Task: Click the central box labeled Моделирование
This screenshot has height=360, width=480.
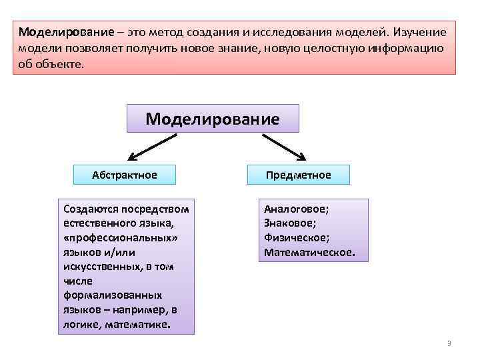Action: (213, 119)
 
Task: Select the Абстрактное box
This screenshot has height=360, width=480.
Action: (125, 175)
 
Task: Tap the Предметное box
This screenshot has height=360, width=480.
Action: (298, 175)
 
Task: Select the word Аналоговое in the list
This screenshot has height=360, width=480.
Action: (296, 209)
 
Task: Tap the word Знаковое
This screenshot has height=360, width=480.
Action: (290, 223)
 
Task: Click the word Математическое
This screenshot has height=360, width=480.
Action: (309, 253)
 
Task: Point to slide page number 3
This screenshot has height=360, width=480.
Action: (449, 343)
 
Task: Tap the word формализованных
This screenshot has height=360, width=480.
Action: (104, 295)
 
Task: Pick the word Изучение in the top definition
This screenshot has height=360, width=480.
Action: (421, 33)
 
